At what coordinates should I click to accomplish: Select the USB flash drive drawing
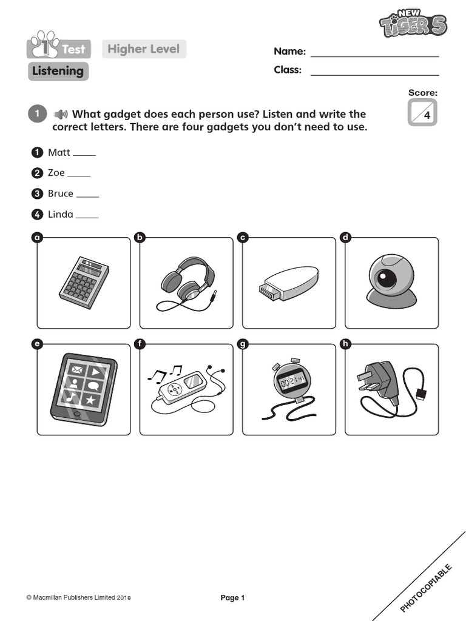point(288,283)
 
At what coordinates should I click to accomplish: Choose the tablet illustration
point(84,389)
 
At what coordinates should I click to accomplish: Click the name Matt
point(59,152)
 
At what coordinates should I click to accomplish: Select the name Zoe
point(56,173)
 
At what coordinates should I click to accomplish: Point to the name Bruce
point(61,193)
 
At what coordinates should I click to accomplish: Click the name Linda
point(61,214)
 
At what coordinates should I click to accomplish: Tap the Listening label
point(58,71)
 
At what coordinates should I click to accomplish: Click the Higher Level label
point(144,49)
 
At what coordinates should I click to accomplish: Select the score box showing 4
point(423,113)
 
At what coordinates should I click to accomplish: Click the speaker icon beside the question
point(60,114)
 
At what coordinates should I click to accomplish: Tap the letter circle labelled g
point(243,344)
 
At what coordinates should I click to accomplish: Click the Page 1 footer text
point(232,598)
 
